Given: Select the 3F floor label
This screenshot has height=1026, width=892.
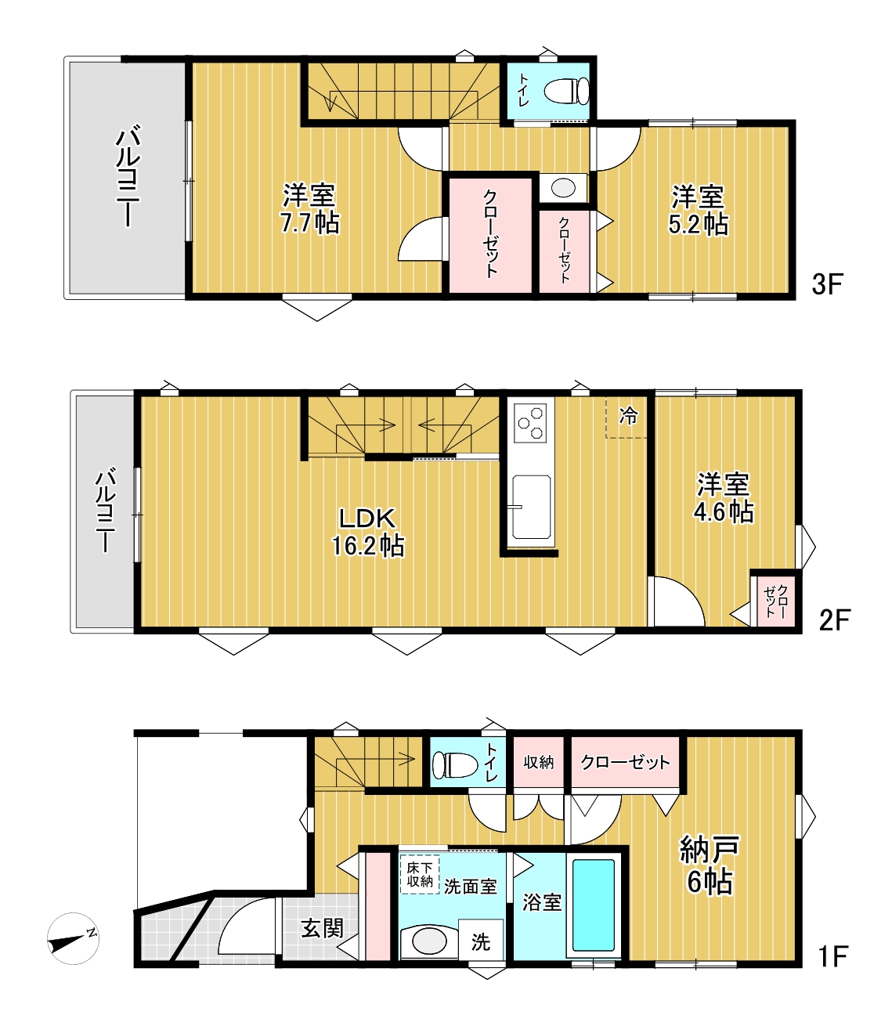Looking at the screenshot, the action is coord(827,284).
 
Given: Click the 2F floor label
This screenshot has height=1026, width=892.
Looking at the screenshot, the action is coord(835,620).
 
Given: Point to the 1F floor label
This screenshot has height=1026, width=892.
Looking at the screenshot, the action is coord(832,956).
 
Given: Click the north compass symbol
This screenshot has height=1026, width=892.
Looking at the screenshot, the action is coord(73,938).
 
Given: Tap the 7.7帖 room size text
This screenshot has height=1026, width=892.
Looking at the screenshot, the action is coord(310,223).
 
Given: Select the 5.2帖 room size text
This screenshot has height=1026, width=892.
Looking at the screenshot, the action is coord(698,224).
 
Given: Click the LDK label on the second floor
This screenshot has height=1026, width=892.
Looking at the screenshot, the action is coord(367,518).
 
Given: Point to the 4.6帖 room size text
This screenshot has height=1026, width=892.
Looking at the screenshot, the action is coord(724,512).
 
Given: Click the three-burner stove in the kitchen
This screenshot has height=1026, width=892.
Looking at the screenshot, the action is coord(531,423).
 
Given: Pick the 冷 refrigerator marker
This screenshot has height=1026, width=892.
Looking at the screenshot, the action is coord(628,416).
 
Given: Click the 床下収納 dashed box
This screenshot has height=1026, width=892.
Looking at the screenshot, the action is coord(420,874).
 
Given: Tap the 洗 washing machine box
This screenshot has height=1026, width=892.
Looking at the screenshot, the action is coord(480,941).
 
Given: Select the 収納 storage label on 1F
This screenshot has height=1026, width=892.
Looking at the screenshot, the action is coord(539,763).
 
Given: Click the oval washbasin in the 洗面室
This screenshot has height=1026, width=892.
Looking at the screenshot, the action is coord(429,941).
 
